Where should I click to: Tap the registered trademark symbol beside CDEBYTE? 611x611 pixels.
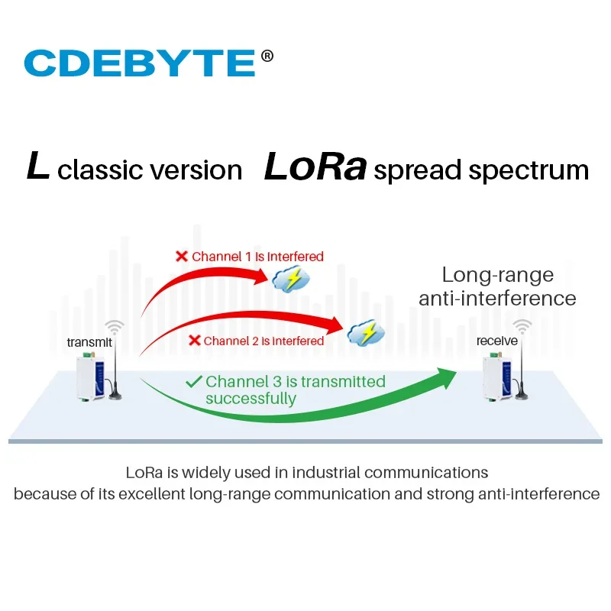267,56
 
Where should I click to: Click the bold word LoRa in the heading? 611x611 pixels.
315,168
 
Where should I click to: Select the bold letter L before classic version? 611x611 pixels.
38,167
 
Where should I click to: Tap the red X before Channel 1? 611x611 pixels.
182,257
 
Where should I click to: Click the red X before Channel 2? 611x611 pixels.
193,341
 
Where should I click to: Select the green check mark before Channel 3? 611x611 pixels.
194,381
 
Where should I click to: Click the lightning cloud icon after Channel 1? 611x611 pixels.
291,281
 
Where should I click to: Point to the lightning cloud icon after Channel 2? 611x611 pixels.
366,332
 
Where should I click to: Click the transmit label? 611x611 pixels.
89,342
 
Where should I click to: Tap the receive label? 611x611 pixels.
497,341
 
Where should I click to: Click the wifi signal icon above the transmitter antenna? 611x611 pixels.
115,327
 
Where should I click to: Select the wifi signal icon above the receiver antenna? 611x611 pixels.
522,327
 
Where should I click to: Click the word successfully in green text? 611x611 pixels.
251,399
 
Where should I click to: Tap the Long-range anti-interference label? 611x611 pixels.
497,286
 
